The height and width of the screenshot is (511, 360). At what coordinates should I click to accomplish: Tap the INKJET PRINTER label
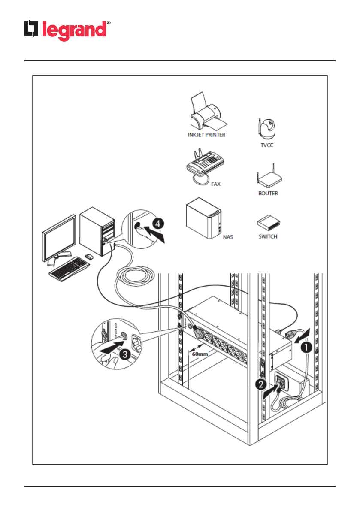click(x=206, y=135)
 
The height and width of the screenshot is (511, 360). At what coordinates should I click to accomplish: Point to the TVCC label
click(x=267, y=145)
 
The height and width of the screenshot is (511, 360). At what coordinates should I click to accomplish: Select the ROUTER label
click(x=268, y=194)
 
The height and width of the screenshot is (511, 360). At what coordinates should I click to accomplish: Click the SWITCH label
click(x=268, y=237)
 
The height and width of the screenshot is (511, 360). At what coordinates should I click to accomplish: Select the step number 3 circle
click(x=124, y=355)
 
